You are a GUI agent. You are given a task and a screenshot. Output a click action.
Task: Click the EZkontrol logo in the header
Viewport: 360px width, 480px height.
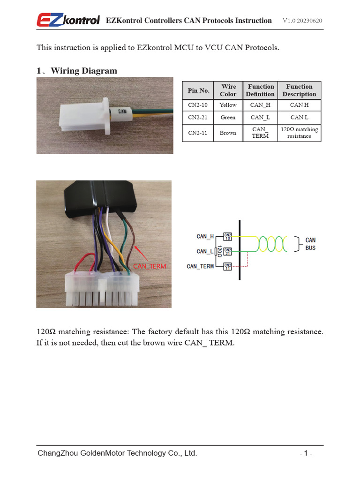pyautogui.click(x=68, y=20)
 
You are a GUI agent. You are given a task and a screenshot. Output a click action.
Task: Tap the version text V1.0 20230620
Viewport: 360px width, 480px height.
pyautogui.click(x=302, y=21)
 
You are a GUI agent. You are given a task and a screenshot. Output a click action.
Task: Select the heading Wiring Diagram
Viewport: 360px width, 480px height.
pyautogui.click(x=84, y=71)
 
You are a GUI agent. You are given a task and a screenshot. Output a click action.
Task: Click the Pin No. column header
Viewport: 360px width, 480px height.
pyautogui.click(x=198, y=90)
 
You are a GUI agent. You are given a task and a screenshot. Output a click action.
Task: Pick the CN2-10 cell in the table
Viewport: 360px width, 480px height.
pyautogui.click(x=198, y=105)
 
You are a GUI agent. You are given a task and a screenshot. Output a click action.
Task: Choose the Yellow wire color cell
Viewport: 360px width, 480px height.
pyautogui.click(x=228, y=105)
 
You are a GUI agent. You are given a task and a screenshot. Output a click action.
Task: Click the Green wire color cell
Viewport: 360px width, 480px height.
pyautogui.click(x=228, y=117)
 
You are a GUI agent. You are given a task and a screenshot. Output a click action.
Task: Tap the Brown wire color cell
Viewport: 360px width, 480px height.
pyautogui.click(x=228, y=133)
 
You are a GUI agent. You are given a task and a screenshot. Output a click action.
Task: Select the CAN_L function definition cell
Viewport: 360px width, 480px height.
pyautogui.click(x=260, y=117)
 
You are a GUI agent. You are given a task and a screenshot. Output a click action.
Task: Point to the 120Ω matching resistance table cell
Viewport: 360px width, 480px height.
pyautogui.click(x=299, y=133)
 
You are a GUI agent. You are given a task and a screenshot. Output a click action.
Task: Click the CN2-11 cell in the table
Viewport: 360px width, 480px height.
pyautogui.click(x=198, y=133)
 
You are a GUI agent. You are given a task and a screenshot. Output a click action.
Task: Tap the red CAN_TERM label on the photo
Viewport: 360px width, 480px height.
pyautogui.click(x=149, y=266)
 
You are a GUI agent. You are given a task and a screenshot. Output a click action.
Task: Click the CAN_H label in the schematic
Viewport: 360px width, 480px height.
pyautogui.click(x=205, y=237)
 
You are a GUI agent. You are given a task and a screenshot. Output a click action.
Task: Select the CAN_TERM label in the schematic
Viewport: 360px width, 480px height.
pyautogui.click(x=200, y=266)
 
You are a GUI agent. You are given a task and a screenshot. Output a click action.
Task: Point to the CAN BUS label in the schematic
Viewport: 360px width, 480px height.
pyautogui.click(x=310, y=244)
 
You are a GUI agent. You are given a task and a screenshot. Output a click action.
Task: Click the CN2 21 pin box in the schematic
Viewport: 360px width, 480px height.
pyautogui.click(x=228, y=252)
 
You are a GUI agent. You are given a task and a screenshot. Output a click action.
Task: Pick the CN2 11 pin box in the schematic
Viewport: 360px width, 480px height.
pyautogui.click(x=228, y=266)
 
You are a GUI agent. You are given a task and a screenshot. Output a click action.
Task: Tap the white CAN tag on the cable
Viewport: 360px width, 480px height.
pyautogui.click(x=122, y=112)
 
